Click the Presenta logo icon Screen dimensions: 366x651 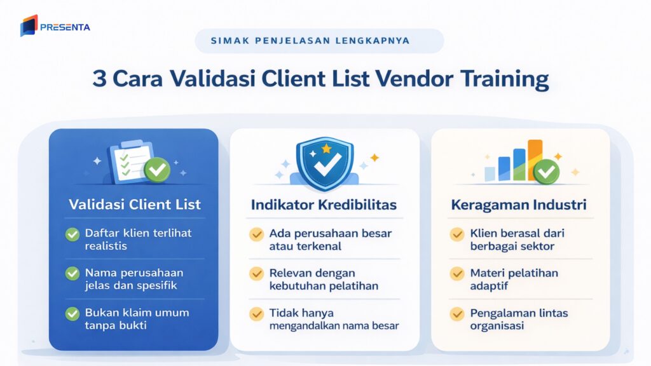click(29, 25)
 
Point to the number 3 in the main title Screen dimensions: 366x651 click(99, 80)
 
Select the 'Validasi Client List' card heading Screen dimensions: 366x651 click(135, 204)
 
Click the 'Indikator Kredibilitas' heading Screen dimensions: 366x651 click(324, 205)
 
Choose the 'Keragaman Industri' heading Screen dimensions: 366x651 click(519, 205)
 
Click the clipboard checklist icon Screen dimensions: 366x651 click(130, 161)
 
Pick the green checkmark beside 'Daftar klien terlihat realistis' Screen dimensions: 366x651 click(73, 234)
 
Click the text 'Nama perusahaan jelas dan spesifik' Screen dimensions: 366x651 click(134, 279)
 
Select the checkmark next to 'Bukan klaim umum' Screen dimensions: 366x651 click(73, 313)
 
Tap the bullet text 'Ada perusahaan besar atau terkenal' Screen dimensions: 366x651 click(322, 239)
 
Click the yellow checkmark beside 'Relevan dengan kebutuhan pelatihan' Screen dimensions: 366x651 click(256, 274)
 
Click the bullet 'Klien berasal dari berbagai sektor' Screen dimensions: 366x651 click(517, 240)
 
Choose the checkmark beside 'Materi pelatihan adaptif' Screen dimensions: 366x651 click(456, 274)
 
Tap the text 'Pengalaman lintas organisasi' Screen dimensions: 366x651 click(519, 320)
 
